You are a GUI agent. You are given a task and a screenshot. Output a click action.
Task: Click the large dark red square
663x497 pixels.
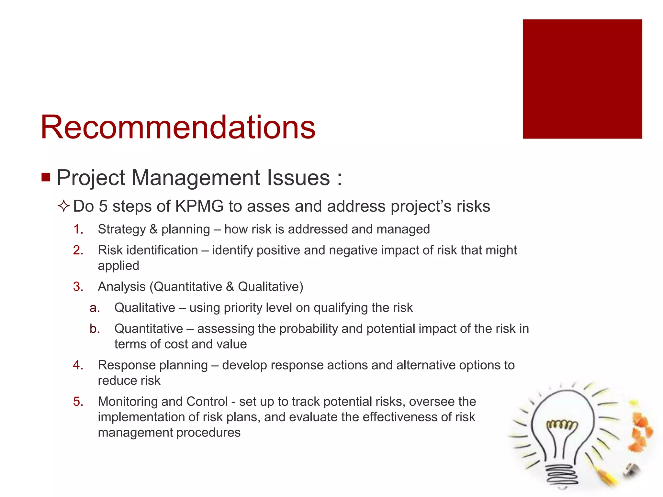582,79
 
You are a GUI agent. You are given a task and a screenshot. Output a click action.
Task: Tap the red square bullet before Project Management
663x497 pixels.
46,177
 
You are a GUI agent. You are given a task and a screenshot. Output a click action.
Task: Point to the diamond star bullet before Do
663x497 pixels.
64,206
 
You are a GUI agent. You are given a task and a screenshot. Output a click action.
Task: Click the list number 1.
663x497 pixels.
78,229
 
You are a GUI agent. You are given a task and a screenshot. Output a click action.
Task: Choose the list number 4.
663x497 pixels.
78,365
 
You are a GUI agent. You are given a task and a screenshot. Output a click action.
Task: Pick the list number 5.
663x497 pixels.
78,402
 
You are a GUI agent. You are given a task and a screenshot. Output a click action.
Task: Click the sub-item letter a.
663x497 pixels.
95,308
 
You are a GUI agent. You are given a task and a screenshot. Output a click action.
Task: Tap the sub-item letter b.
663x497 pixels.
95,329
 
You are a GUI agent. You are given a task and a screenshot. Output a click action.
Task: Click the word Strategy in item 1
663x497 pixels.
122,229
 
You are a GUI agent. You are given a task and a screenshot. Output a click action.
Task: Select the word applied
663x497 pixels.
118,266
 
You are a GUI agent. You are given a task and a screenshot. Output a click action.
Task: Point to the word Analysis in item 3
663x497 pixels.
122,287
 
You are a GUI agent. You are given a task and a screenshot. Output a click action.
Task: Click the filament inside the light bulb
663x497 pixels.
562,425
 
